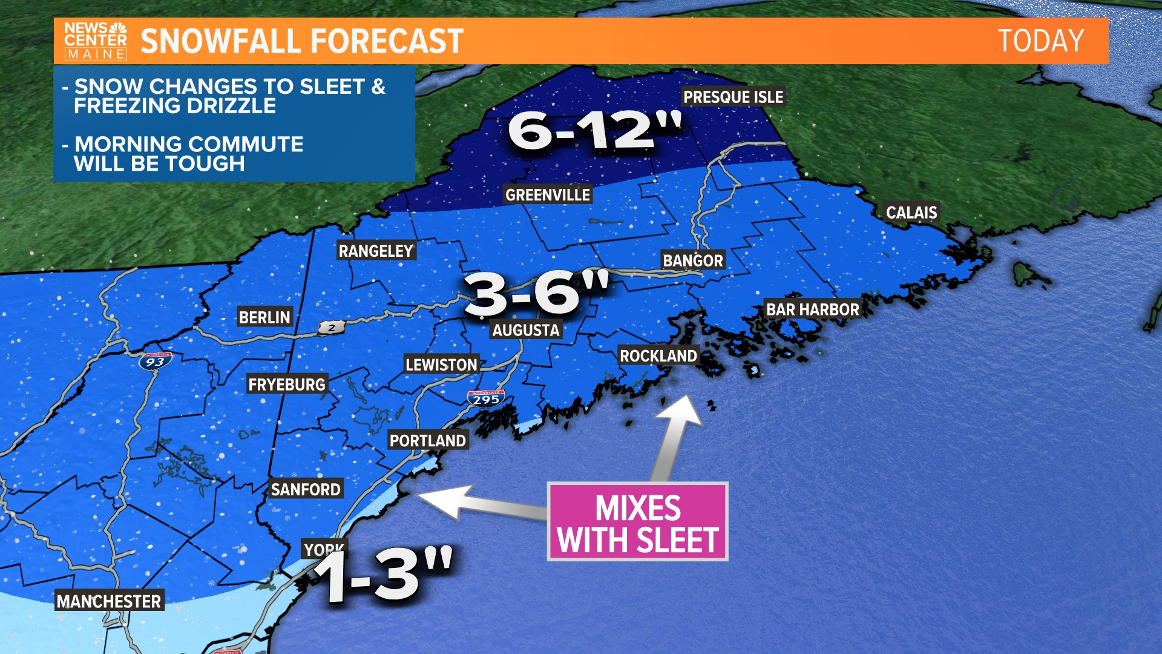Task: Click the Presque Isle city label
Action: click(x=733, y=97)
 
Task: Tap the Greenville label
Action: click(x=548, y=195)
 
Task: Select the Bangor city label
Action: click(x=693, y=261)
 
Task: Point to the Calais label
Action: click(x=911, y=213)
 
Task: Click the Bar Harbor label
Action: click(x=812, y=309)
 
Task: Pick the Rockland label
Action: click(x=658, y=356)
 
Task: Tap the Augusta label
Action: click(x=525, y=330)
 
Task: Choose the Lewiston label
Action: click(x=441, y=365)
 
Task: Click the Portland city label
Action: click(x=427, y=441)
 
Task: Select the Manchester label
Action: click(x=109, y=601)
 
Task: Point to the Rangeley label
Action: click(x=376, y=251)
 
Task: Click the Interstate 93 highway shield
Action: click(x=155, y=362)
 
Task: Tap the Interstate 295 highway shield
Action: click(x=486, y=399)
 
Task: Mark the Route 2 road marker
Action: click(x=332, y=328)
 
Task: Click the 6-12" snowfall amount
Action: click(x=594, y=130)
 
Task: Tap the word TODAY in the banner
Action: click(x=1040, y=41)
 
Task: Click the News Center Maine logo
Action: click(x=96, y=41)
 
